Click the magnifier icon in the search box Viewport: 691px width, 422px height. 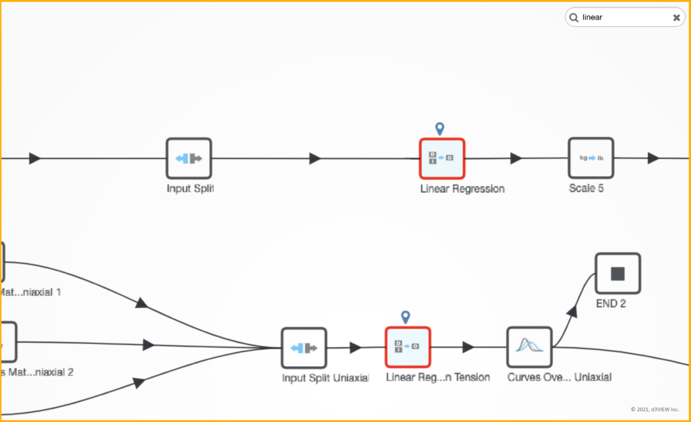pos(574,18)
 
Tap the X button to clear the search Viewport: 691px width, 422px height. pos(676,18)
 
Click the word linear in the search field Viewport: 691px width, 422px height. pos(592,18)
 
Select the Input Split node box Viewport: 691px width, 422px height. pos(189,159)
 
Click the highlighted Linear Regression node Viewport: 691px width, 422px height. pos(442,159)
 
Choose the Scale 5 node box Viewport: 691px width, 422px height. pos(590,159)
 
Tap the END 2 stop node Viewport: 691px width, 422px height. pos(617,274)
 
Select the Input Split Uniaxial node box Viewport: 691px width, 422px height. pos(304,348)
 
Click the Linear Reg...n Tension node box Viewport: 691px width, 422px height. pos(408,348)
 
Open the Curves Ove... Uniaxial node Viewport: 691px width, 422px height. pos(529,348)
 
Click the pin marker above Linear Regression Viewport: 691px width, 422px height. pos(440,128)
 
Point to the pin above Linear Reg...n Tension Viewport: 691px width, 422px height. pos(406,316)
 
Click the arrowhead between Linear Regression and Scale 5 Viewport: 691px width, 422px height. pos(516,158)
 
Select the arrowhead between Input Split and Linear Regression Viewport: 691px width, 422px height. pos(314,158)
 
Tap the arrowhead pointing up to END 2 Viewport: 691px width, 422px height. pos(572,311)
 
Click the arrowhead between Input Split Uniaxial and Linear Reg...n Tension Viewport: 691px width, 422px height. pos(355,348)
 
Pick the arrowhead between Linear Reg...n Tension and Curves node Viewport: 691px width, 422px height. pos(468,348)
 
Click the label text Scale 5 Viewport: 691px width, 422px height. pos(586,189)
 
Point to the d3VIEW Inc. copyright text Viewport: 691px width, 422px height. pos(655,409)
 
